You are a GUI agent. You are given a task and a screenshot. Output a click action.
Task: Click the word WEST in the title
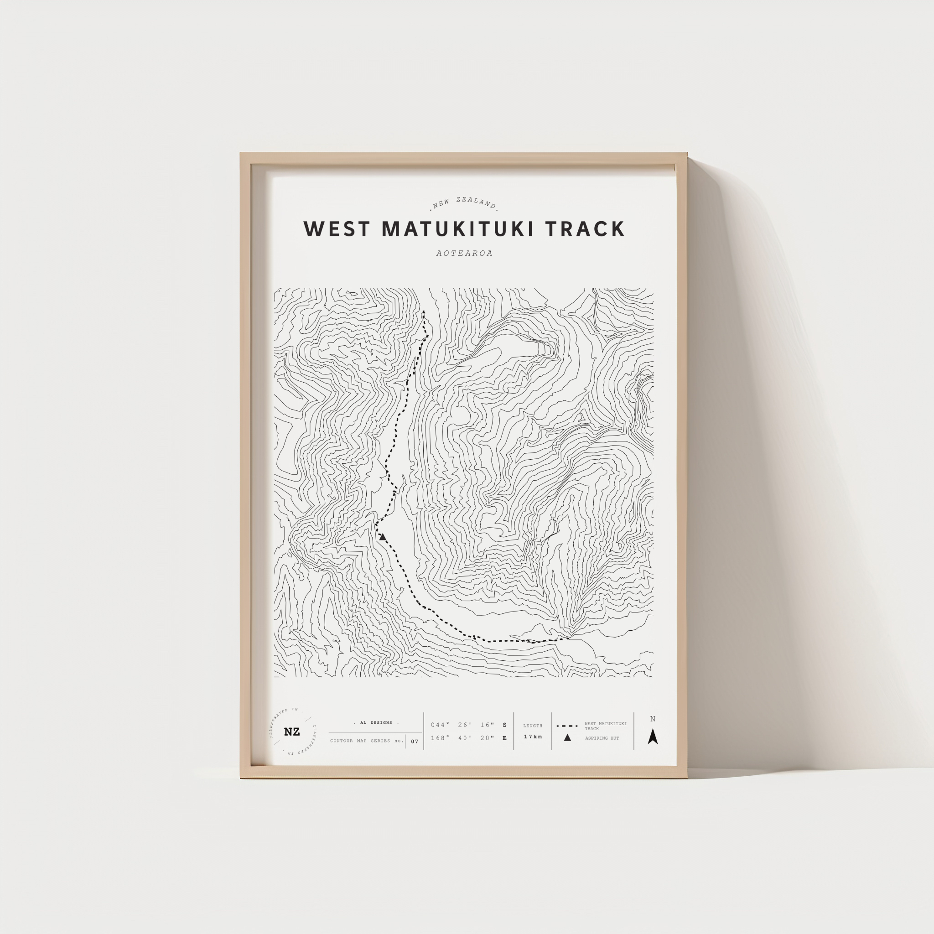pyautogui.click(x=337, y=229)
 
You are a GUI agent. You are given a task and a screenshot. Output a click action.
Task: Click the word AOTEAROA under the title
pyautogui.click(x=464, y=253)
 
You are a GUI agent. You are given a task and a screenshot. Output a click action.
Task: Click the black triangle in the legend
pyautogui.click(x=567, y=738)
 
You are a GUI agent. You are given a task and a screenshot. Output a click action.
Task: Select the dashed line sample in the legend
pyautogui.click(x=567, y=726)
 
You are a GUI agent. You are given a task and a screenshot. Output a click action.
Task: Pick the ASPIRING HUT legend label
pyautogui.click(x=602, y=738)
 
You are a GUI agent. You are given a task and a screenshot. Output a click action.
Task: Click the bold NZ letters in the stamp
pyautogui.click(x=291, y=732)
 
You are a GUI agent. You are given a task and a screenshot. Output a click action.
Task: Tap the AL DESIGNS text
pyautogui.click(x=376, y=723)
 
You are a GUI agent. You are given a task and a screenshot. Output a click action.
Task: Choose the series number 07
pyautogui.click(x=414, y=741)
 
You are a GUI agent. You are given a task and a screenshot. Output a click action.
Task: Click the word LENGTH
pyautogui.click(x=533, y=726)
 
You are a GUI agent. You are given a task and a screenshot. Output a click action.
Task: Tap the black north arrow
pyautogui.click(x=653, y=737)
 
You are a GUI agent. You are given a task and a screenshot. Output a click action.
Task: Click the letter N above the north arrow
pyautogui.click(x=653, y=719)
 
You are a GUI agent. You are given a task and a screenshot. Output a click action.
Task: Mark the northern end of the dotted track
pyautogui.click(x=424, y=312)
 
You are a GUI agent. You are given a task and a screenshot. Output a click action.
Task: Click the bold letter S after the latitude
pyautogui.click(x=505, y=725)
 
